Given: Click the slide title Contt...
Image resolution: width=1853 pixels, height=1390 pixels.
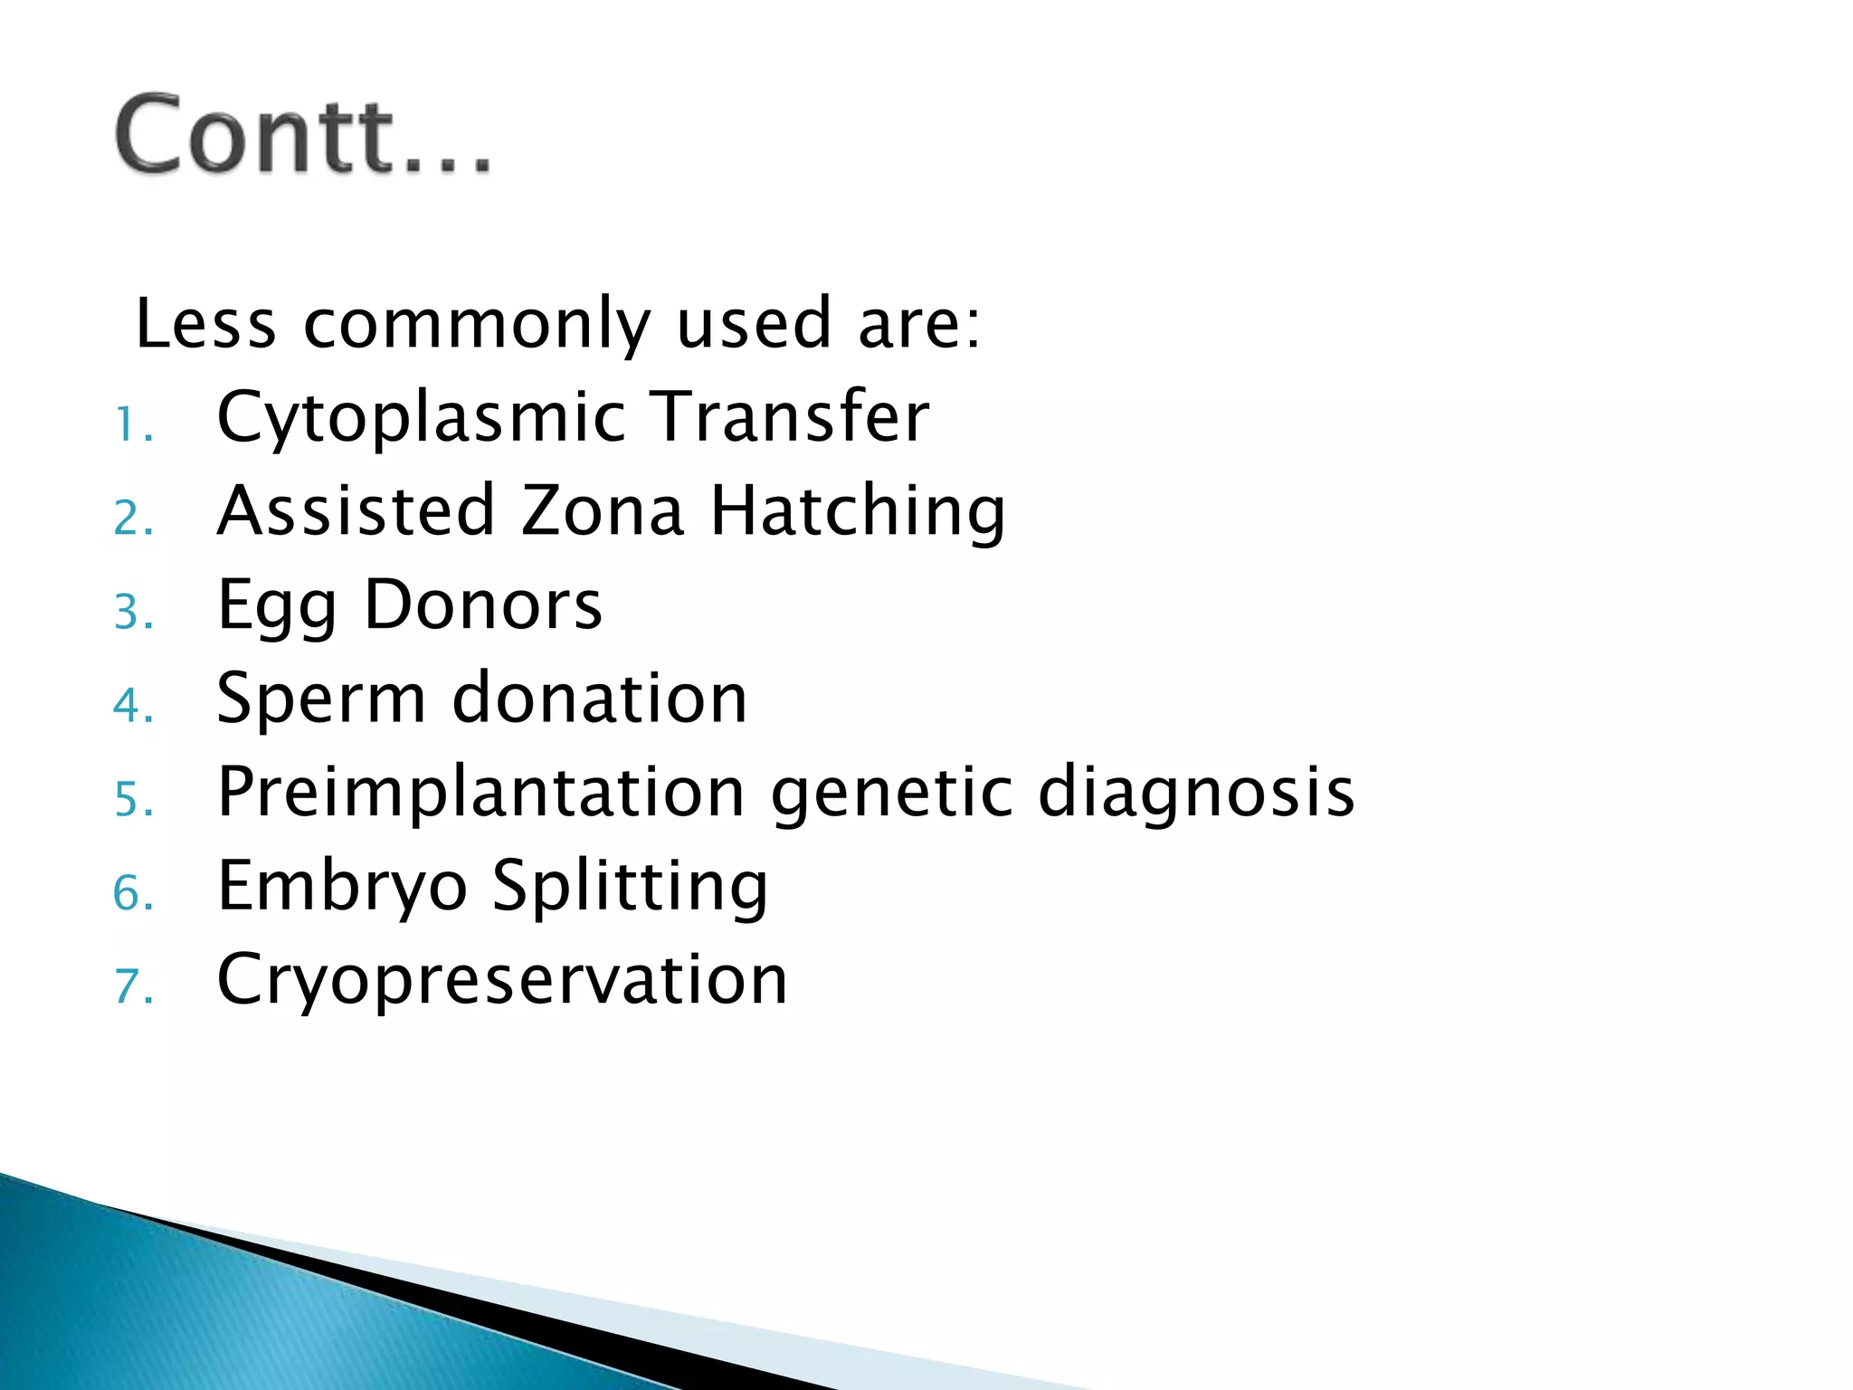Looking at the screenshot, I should coord(303,136).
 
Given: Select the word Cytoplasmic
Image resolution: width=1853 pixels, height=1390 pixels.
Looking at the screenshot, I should coord(422,418).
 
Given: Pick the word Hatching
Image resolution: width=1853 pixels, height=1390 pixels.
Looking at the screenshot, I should coord(858,512).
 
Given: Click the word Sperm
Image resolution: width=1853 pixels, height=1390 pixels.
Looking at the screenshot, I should coord(321,700).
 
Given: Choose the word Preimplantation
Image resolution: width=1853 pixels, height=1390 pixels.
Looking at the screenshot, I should coord(481,793).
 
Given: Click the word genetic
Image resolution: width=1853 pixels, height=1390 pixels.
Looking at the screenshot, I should coord(891,793).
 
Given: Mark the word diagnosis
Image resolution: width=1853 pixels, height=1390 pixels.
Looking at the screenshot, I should coord(1195,793).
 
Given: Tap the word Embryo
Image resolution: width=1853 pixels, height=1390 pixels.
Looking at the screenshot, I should coord(342,887).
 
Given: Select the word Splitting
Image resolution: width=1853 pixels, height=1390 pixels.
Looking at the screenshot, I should coord(630,887).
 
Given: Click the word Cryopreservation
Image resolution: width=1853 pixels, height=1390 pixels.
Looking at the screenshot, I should coord(502,980).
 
